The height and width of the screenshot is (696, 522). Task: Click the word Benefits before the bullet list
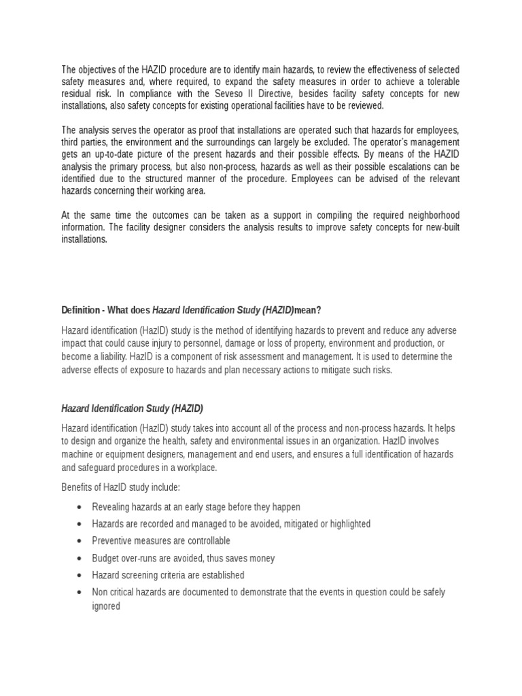[77, 488]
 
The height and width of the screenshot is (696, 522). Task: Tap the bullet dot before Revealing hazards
[80, 507]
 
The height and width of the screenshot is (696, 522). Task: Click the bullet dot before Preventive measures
[80, 541]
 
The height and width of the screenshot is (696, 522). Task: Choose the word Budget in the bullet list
[106, 558]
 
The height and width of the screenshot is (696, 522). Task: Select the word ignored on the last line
[106, 606]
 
